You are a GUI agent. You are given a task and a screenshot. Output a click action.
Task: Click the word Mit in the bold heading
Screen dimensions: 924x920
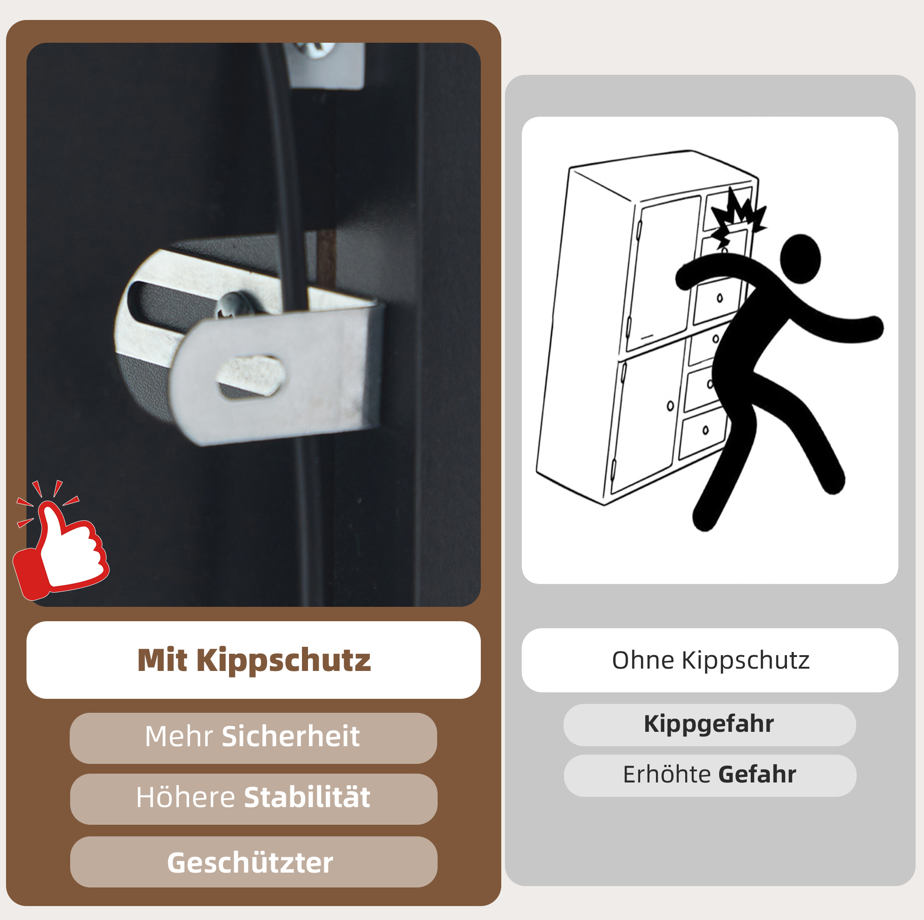point(162,660)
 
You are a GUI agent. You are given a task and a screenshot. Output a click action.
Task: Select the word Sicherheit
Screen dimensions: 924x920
point(290,736)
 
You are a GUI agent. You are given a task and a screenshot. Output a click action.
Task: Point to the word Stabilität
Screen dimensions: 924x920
point(307,797)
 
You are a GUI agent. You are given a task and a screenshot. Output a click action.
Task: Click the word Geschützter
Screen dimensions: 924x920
point(250,863)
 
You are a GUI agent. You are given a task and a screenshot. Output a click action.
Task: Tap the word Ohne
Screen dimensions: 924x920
point(643,660)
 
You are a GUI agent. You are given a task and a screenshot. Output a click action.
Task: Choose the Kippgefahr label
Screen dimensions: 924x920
point(709,724)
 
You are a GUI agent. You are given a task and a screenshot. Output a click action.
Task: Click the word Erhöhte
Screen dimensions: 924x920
point(667,774)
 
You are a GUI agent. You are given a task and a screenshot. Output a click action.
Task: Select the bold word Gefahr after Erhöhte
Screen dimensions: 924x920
point(757,775)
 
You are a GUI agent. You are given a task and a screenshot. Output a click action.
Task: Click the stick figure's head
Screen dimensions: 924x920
point(800,259)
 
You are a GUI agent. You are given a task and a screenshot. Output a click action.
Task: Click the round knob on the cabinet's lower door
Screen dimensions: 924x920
point(670,406)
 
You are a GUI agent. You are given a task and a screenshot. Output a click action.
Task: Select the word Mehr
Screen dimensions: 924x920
point(178,736)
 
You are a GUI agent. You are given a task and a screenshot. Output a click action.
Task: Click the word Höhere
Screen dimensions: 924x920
point(185,797)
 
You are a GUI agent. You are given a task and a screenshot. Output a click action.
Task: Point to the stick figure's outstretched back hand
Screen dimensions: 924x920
point(873,328)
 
